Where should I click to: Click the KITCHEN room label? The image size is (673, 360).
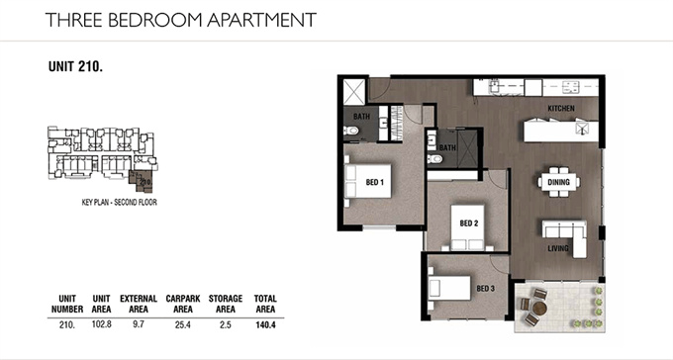point(561,109)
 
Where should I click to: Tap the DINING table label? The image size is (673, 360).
point(558,182)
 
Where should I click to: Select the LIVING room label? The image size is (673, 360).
point(558,248)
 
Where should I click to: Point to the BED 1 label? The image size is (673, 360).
point(375,182)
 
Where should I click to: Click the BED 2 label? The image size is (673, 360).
point(469,224)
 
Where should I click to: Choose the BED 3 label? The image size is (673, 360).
point(485,289)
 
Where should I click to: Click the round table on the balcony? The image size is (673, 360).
point(539,309)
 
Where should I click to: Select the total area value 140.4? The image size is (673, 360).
point(265,324)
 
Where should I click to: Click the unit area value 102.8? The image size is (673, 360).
point(101,324)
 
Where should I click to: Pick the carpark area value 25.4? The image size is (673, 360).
point(182,324)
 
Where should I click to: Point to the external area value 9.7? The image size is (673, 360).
point(139,324)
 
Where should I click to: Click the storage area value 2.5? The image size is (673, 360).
point(226,324)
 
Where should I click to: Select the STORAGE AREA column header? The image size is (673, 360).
point(226,304)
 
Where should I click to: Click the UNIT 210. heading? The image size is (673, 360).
point(75,66)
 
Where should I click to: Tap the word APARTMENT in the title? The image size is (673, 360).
point(262,20)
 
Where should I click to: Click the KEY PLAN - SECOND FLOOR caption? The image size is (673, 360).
point(120,202)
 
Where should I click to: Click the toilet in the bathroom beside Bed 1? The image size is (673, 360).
point(351,130)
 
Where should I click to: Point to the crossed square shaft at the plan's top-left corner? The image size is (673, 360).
point(354,91)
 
